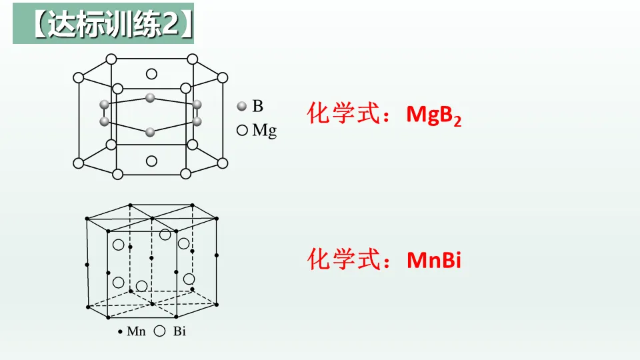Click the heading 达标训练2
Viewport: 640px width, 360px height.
click(x=103, y=26)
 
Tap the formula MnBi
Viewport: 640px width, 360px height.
click(x=434, y=260)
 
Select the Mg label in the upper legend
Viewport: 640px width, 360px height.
click(x=264, y=131)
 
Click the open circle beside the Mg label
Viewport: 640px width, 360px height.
click(x=242, y=131)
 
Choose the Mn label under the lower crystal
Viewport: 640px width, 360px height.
click(x=136, y=331)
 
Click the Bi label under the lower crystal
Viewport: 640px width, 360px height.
click(x=179, y=331)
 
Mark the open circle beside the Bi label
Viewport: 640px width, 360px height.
click(x=160, y=331)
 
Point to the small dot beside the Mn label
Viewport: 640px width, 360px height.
click(x=120, y=331)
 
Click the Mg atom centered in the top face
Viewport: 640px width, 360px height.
click(x=151, y=74)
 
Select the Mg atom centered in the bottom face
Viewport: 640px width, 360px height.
click(x=151, y=161)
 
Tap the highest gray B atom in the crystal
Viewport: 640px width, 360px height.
click(x=150, y=97)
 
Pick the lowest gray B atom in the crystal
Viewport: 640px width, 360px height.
click(x=150, y=132)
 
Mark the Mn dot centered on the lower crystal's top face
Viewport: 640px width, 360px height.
click(x=152, y=218)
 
